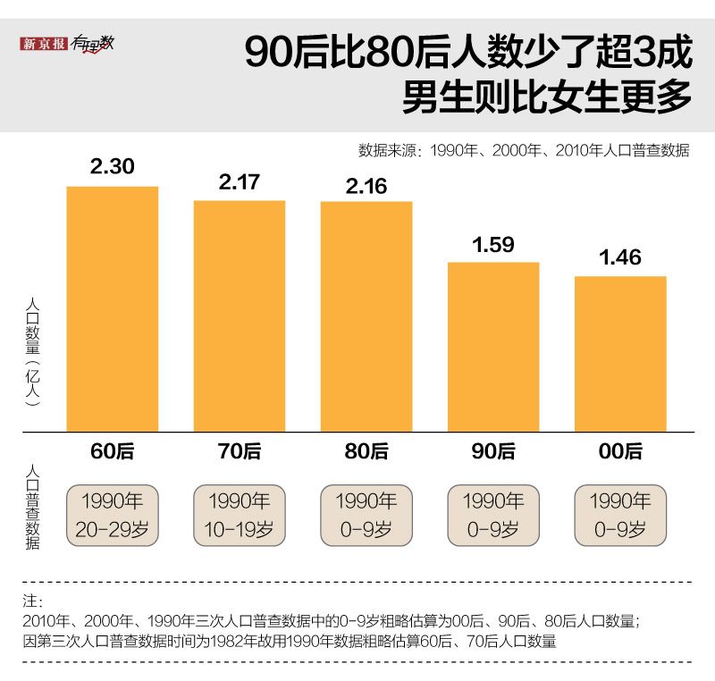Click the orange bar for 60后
pyautogui.click(x=113, y=308)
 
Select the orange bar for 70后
pyautogui.click(x=240, y=315)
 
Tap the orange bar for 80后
pyautogui.click(x=366, y=315)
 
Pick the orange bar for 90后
pyautogui.click(x=493, y=347)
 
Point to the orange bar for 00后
pyautogui.click(x=620, y=353)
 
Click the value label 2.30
pyautogui.click(x=113, y=165)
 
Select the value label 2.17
pyautogui.click(x=240, y=181)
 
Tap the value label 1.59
pyautogui.click(x=493, y=243)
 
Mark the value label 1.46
pyautogui.click(x=620, y=257)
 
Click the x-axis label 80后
pyautogui.click(x=366, y=451)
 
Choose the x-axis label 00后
pyautogui.click(x=620, y=451)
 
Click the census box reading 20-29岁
pyautogui.click(x=113, y=515)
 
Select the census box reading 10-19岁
pyautogui.click(x=240, y=515)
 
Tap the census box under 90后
pyautogui.click(x=493, y=515)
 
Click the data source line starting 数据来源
pyautogui.click(x=524, y=150)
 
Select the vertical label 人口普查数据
pyautogui.click(x=32, y=508)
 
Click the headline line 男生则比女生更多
pyautogui.click(x=547, y=97)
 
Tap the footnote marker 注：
pyautogui.click(x=30, y=600)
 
